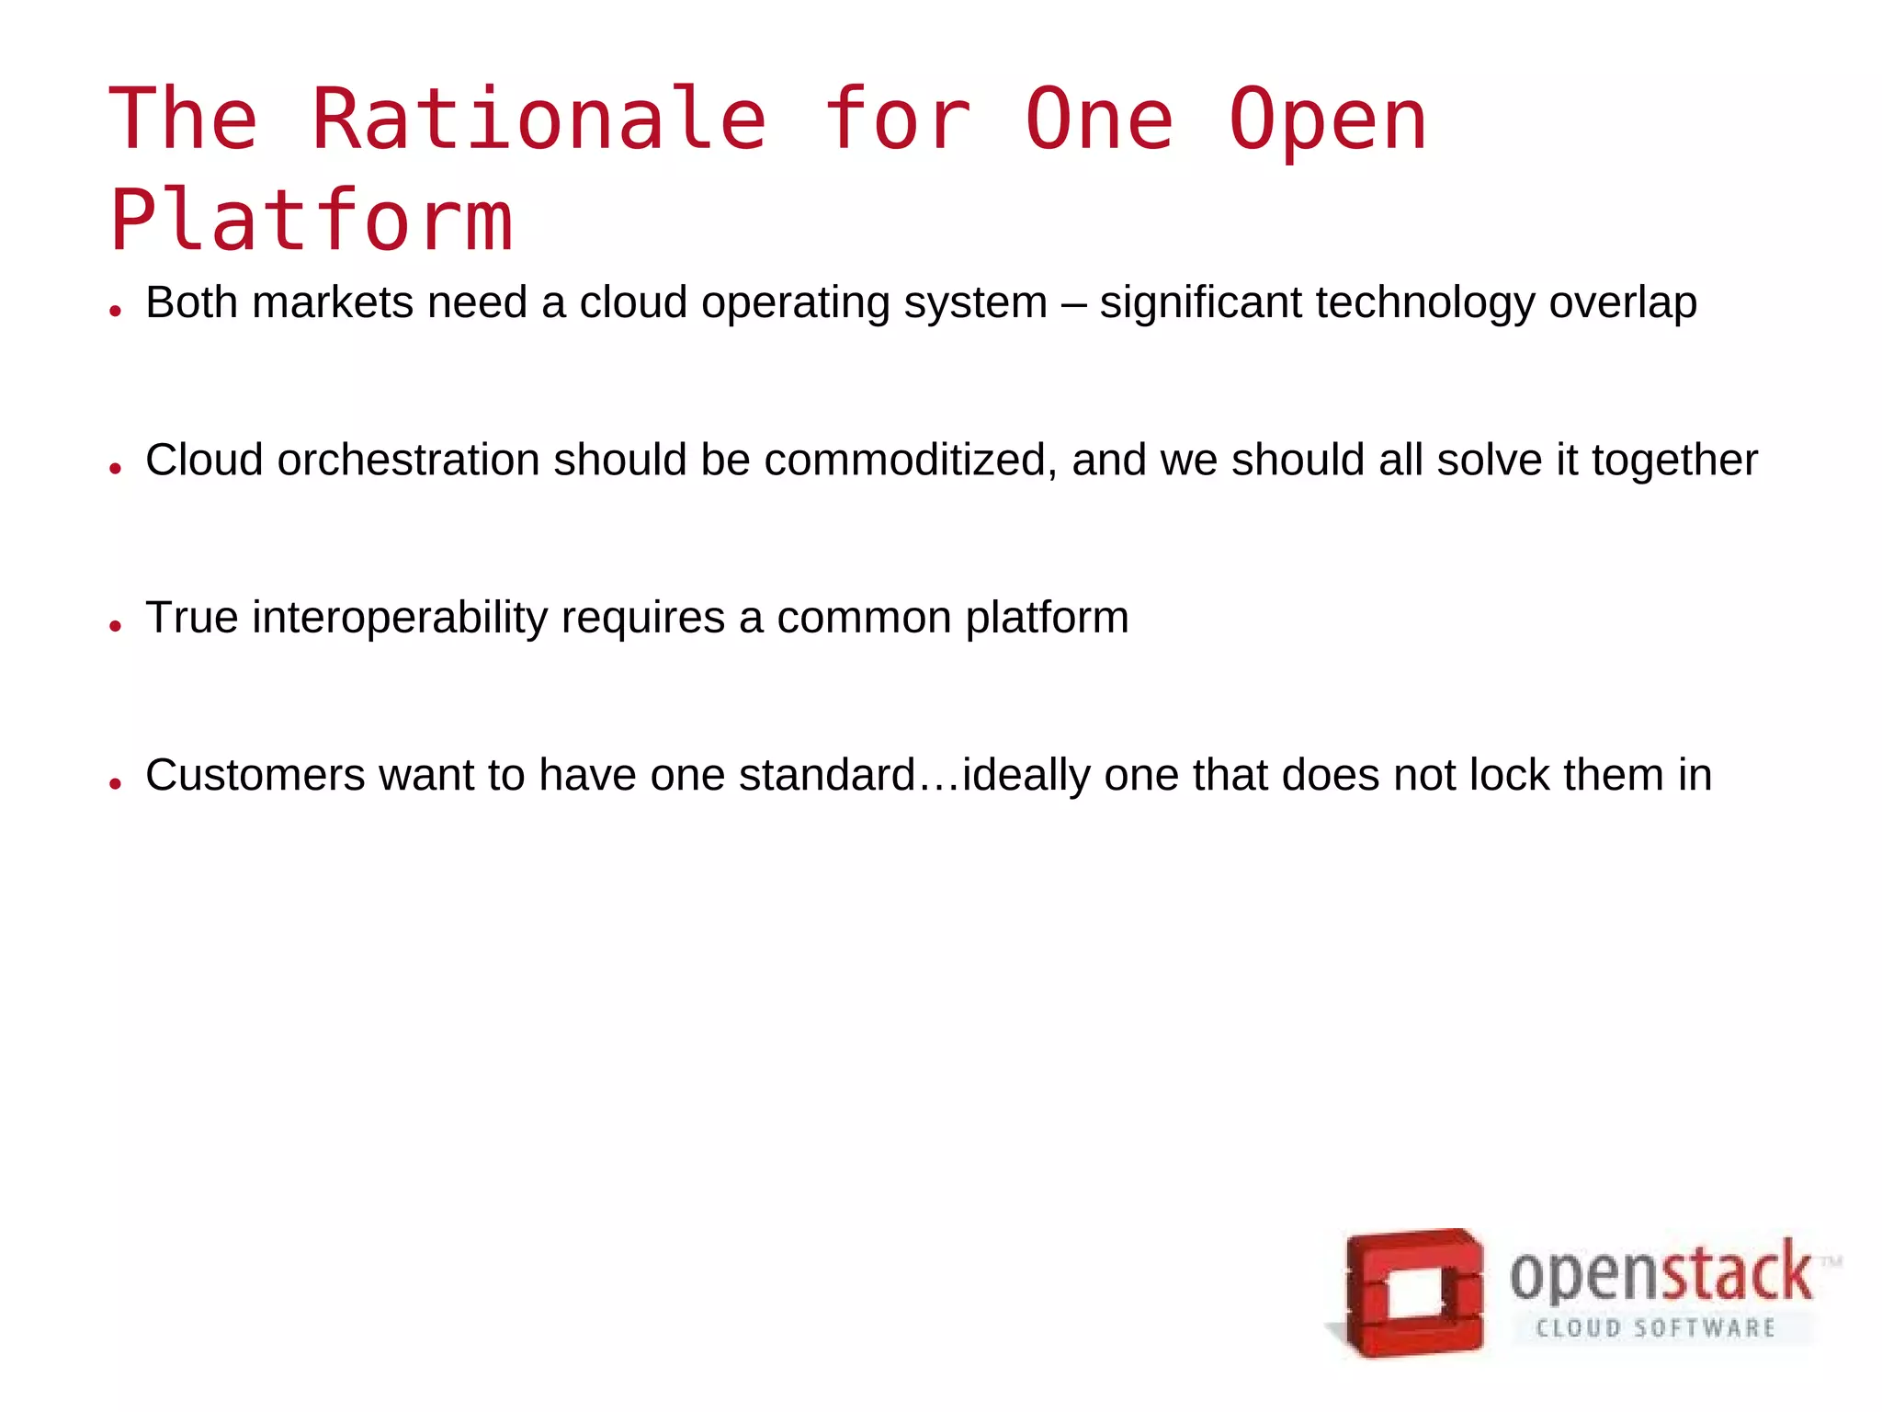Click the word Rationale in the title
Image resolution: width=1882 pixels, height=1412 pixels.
click(539, 119)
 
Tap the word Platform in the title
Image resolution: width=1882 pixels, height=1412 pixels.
click(311, 220)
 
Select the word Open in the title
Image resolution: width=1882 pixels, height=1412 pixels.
click(1327, 120)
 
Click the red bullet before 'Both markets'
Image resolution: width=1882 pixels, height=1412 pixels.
click(115, 311)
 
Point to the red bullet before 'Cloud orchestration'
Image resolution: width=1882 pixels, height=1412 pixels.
click(115, 469)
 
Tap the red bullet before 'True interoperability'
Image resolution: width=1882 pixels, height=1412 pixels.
click(115, 626)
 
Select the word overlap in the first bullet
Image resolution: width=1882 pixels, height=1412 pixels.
click(1623, 302)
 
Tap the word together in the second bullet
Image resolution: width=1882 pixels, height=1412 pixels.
click(1674, 460)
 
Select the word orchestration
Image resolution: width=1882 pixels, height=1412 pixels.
click(409, 460)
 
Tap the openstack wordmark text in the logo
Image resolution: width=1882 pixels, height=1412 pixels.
click(1661, 1274)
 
